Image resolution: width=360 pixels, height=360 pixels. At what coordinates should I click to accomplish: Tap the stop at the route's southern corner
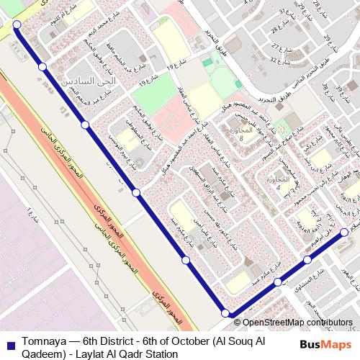click(x=226, y=313)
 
